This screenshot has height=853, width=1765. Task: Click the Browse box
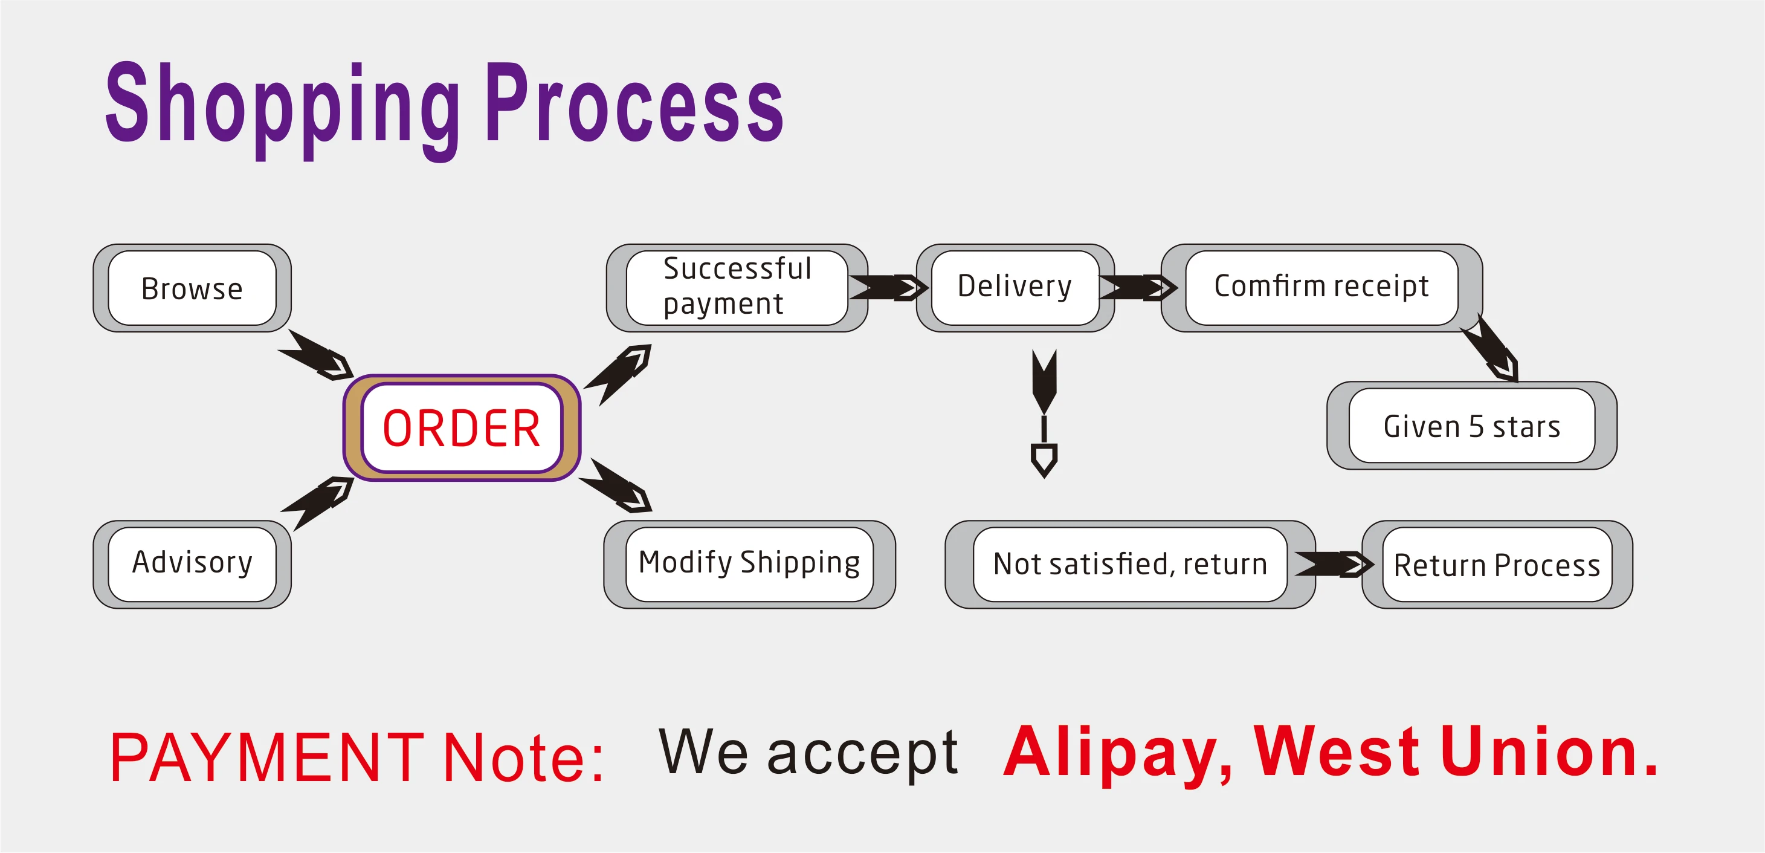(192, 288)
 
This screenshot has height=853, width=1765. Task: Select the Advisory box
(192, 563)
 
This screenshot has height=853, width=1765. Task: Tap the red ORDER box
(462, 428)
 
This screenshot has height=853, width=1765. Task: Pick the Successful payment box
(737, 287)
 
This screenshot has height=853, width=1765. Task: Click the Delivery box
(1015, 287)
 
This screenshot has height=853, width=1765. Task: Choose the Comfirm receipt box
(1321, 287)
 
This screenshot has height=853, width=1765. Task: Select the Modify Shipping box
(749, 563)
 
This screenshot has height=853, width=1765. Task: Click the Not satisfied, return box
(1130, 563)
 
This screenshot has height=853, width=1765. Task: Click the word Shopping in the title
(282, 106)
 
